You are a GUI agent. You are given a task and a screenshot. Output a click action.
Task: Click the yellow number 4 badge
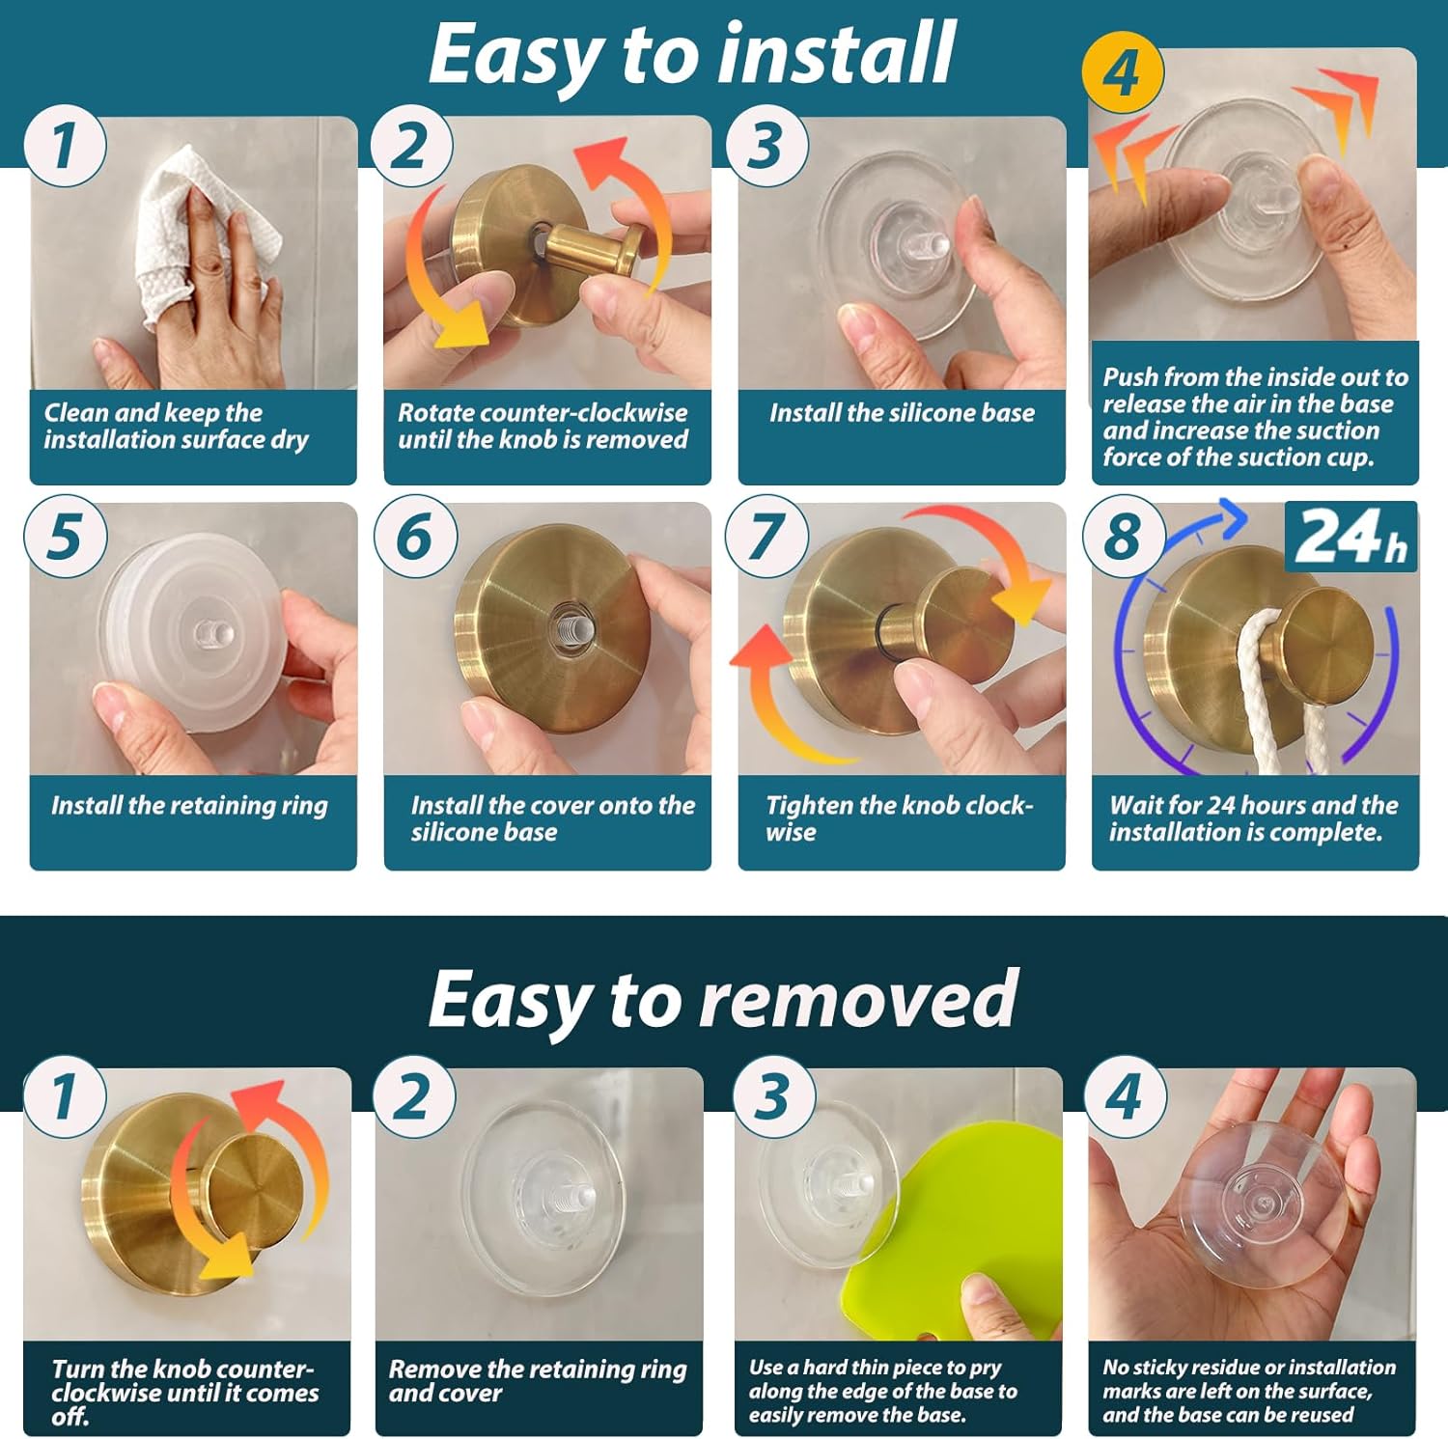[1123, 73]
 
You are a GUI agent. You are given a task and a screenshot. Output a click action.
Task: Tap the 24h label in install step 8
[1351, 537]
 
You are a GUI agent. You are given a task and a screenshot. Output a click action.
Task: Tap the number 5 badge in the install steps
[65, 537]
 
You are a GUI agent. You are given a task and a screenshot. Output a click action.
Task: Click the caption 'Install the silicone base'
[902, 413]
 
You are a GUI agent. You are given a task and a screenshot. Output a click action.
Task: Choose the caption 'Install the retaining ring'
[189, 805]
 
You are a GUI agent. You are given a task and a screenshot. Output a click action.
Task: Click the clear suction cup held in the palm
[1262, 1204]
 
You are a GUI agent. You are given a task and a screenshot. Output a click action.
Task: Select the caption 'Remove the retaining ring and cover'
[538, 1381]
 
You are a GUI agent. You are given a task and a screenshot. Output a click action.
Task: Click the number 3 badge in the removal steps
[773, 1097]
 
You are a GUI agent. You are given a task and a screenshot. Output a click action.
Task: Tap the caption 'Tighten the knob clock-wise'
[900, 818]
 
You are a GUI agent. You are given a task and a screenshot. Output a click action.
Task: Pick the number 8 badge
[1123, 537]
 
